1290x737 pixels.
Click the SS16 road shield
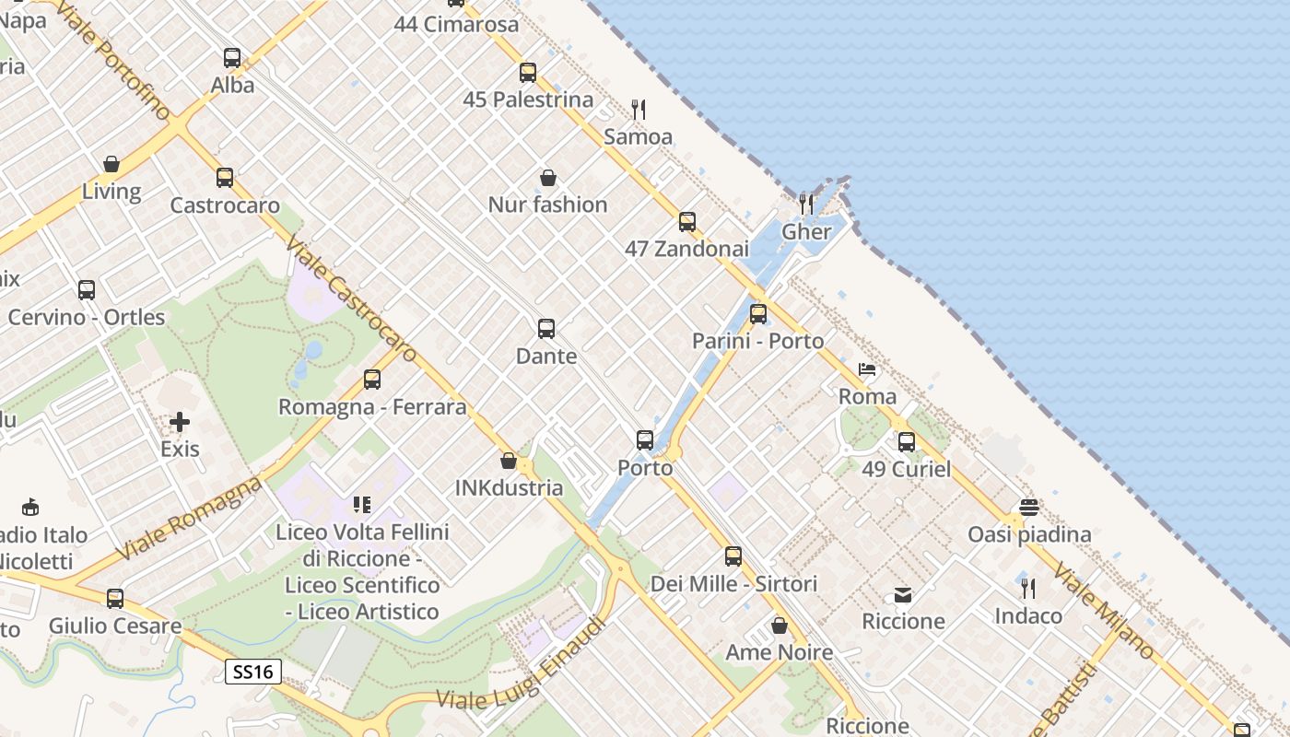point(253,672)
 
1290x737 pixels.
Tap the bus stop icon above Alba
point(232,58)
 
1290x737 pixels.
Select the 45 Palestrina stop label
point(528,99)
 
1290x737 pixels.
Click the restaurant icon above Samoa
point(639,110)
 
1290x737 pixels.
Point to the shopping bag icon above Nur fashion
point(548,178)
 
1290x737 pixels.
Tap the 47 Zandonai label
point(686,249)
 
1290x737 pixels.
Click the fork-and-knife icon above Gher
point(806,204)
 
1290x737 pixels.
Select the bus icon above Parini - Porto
point(758,314)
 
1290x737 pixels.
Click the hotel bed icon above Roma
point(867,370)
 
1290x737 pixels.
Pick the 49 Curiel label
point(906,469)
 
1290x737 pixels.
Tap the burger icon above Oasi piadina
point(1029,508)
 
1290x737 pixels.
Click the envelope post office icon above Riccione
point(903,595)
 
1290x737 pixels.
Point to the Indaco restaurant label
point(1028,615)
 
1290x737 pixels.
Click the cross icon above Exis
point(180,422)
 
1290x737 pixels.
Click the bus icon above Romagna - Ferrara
point(372,380)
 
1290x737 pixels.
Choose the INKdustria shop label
point(509,487)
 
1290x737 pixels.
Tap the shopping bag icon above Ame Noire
point(780,626)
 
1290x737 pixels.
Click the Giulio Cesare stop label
point(115,626)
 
